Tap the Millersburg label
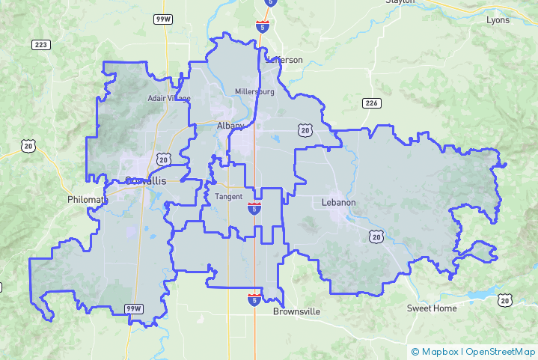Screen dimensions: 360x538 (x=254, y=92)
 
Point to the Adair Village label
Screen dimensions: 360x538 (x=168, y=98)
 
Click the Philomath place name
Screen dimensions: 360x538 (x=88, y=200)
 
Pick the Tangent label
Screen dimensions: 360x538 (x=228, y=197)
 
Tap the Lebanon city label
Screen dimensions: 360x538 (x=338, y=202)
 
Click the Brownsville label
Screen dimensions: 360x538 (x=296, y=311)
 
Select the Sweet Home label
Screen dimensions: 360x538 (x=432, y=308)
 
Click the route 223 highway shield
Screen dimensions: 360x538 (x=41, y=45)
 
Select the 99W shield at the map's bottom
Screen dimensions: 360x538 (x=133, y=308)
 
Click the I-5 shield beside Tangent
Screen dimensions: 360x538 (x=254, y=208)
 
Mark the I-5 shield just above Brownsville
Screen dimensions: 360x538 (x=255, y=299)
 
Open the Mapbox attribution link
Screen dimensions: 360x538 (x=437, y=351)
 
